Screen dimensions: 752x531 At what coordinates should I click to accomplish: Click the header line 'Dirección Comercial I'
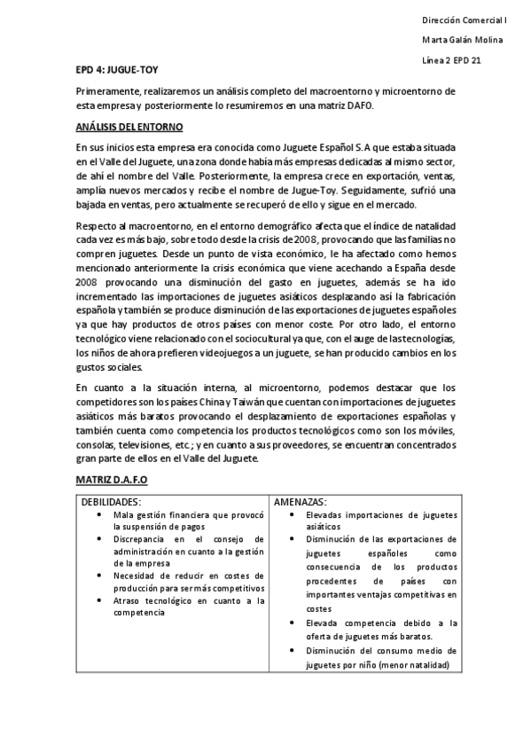[x=463, y=19]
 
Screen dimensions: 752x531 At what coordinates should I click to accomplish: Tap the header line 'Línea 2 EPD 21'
[x=452, y=60]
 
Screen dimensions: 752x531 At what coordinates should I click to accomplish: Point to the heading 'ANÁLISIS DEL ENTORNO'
[x=129, y=128]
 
